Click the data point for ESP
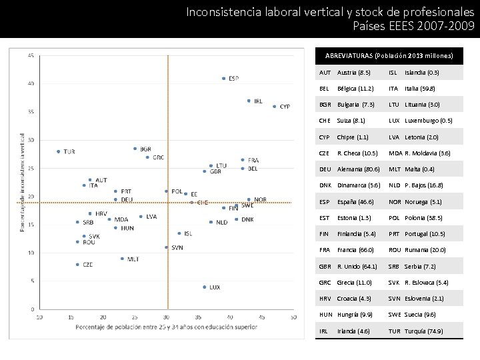coord(223,79)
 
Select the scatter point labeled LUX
coord(204,287)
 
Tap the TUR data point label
coord(69,152)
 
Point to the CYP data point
coord(274,106)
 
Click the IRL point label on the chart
coord(257,101)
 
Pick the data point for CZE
coord(77,265)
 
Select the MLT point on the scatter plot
coord(122,259)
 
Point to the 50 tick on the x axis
coord(293,317)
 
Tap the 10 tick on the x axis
coord(40,317)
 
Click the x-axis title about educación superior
coord(167,327)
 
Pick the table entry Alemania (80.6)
coord(359,169)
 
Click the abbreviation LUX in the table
coord(394,121)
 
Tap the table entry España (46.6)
coord(355,202)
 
